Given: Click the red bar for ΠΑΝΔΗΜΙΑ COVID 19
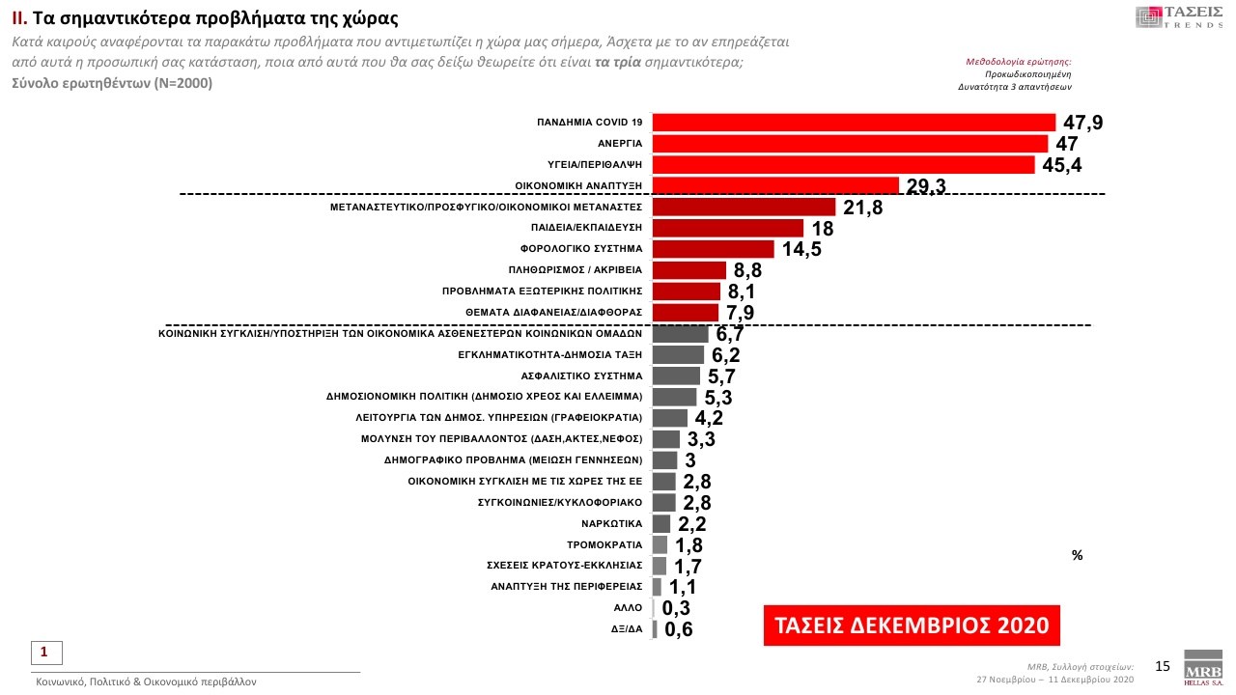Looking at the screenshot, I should pyautogui.click(x=854, y=122).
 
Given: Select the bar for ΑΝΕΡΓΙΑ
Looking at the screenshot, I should pyautogui.click(x=850, y=144).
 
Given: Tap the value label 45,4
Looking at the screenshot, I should pyautogui.click(x=1062, y=165).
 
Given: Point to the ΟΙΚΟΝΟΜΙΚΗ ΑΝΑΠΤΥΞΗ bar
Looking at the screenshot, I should pyautogui.click(x=775, y=185).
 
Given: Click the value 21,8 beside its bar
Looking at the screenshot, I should pyautogui.click(x=862, y=208).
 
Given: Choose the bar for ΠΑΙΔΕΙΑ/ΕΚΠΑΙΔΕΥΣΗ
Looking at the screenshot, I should pyautogui.click(x=728, y=228).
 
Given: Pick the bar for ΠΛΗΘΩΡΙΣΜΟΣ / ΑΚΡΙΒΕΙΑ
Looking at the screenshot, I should pyautogui.click(x=688, y=270).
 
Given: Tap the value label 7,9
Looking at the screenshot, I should pyautogui.click(x=739, y=313).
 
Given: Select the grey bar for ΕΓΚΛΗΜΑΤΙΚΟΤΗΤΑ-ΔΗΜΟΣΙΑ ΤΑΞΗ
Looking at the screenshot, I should pyautogui.click(x=678, y=355).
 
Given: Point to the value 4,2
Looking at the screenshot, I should pyautogui.click(x=709, y=418).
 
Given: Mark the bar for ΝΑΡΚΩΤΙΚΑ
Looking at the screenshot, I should pyautogui.click(x=661, y=523).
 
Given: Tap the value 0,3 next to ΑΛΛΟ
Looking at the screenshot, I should pyautogui.click(x=676, y=608).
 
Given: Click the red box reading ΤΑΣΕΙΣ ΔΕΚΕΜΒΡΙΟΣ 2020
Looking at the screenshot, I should pyautogui.click(x=912, y=625).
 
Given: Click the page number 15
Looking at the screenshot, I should pyautogui.click(x=1163, y=665).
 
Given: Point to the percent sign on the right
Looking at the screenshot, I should pyautogui.click(x=1077, y=556).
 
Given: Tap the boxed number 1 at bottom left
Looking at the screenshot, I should pyautogui.click(x=43, y=652).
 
